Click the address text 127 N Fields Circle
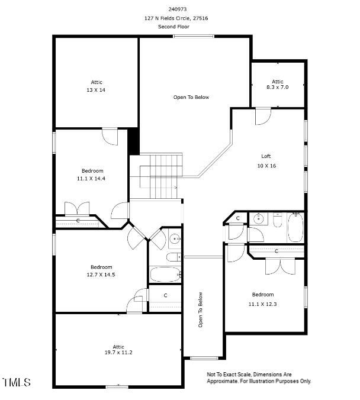click(x=176, y=18)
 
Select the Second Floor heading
click(x=176, y=27)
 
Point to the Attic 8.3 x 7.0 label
click(x=278, y=84)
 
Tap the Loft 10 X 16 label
click(x=266, y=161)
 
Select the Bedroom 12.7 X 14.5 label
click(x=101, y=270)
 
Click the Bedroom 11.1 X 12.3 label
click(x=263, y=298)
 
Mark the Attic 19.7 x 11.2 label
click(x=118, y=349)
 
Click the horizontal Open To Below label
click(x=191, y=97)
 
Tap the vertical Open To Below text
click(x=201, y=310)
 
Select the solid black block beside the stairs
click(x=134, y=141)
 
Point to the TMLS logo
click(x=17, y=383)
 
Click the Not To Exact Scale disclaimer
click(x=258, y=378)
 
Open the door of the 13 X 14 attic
click(x=109, y=136)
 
